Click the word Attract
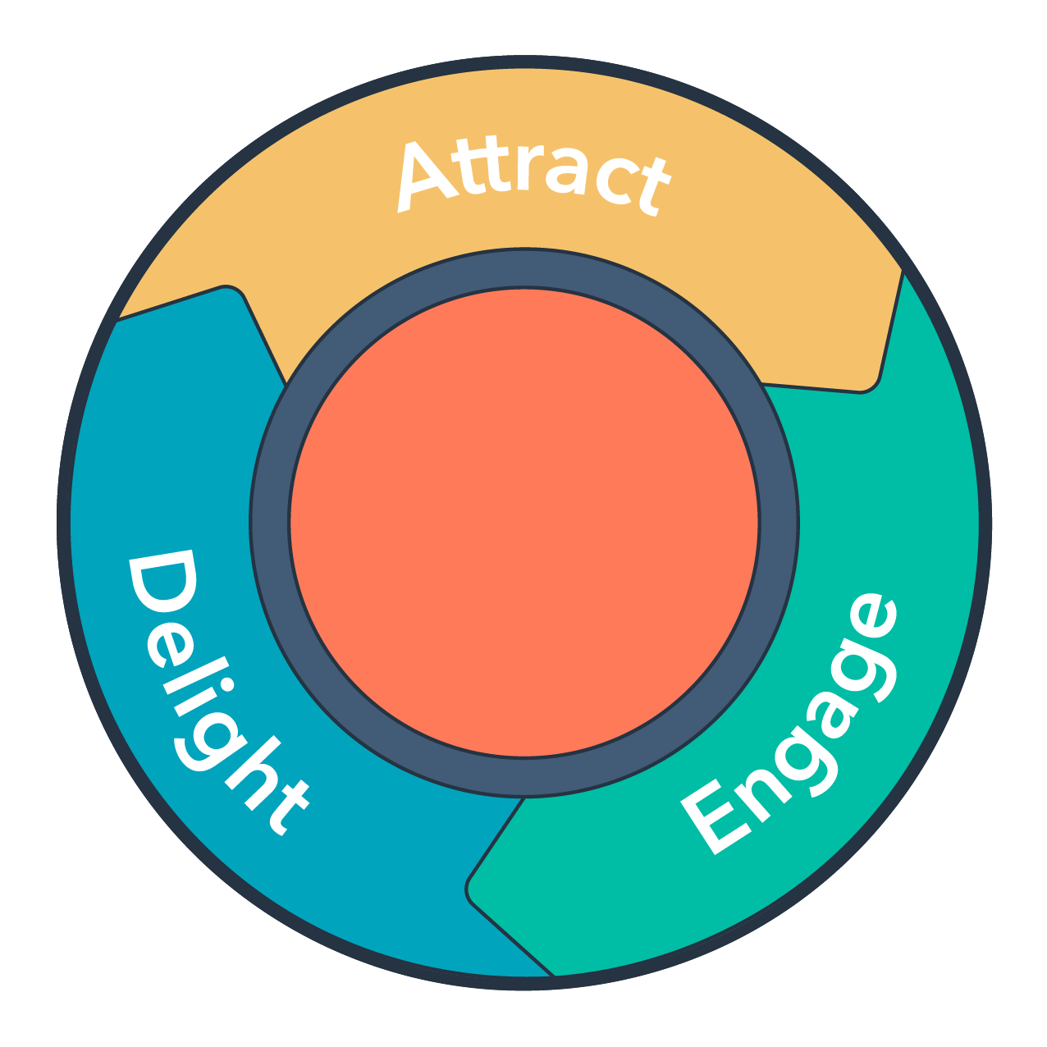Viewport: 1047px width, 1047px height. point(533,176)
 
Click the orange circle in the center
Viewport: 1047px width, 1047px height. point(524,523)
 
